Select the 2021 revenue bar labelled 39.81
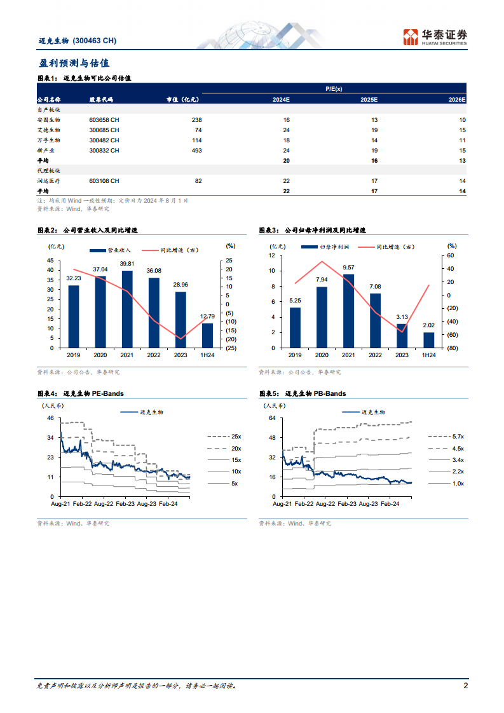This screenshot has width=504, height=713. (x=127, y=309)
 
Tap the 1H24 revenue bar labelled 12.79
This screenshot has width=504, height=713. (x=207, y=336)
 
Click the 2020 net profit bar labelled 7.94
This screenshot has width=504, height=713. (x=322, y=317)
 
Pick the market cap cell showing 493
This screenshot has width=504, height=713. (x=196, y=150)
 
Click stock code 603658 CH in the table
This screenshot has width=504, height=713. (x=104, y=119)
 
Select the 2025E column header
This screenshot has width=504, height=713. (x=369, y=100)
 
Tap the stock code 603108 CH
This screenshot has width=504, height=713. (x=104, y=181)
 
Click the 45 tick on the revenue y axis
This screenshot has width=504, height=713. (x=51, y=261)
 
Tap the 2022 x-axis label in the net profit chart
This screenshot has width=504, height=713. (x=375, y=355)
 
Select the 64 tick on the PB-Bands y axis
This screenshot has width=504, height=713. (x=271, y=418)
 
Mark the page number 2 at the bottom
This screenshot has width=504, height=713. (x=465, y=686)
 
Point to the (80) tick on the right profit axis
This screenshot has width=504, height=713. (x=451, y=348)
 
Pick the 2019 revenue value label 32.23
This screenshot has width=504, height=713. (x=74, y=278)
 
